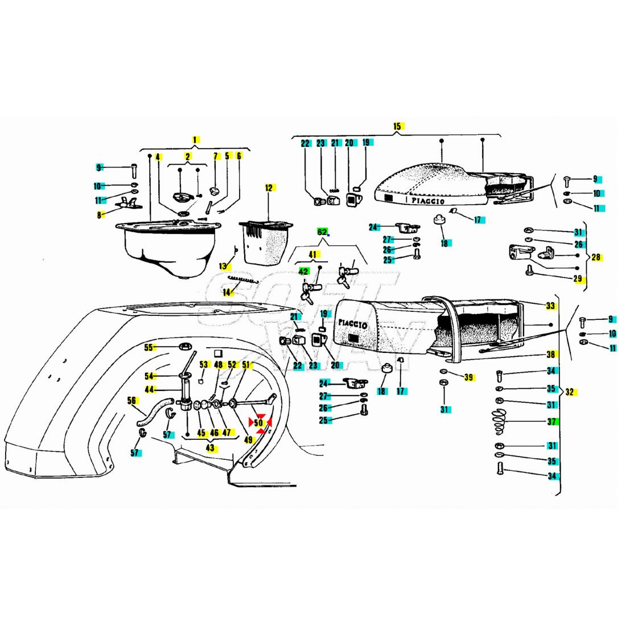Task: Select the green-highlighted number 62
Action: tap(322, 232)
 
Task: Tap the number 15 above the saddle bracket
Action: tap(397, 126)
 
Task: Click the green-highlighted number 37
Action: tap(551, 422)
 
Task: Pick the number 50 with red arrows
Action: tap(259, 423)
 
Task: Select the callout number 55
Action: tap(149, 347)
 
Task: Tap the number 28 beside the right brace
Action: tap(596, 257)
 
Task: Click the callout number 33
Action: tap(550, 306)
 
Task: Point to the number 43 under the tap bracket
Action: tap(211, 448)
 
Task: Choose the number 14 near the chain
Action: tap(228, 293)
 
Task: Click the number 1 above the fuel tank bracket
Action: tap(195, 139)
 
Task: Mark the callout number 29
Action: tap(578, 279)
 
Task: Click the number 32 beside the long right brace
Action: tap(570, 392)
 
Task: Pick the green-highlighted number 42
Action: tap(303, 271)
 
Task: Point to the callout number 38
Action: tap(550, 354)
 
